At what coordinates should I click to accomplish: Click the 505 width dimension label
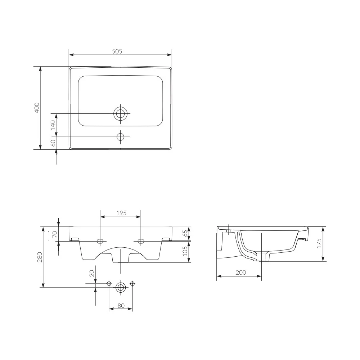coord(117,51)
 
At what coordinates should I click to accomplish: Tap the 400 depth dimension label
coord(37,108)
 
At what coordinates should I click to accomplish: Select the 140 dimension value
coord(53,125)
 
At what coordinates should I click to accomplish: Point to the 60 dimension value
coord(53,143)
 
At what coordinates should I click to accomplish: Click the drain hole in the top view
coord(120,113)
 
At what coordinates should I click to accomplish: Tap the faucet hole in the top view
coord(120,137)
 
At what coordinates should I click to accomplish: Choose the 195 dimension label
coord(121,213)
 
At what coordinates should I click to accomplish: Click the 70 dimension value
coord(55,234)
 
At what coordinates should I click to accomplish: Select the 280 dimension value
coord(40,257)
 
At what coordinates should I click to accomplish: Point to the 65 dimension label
coord(185,233)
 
